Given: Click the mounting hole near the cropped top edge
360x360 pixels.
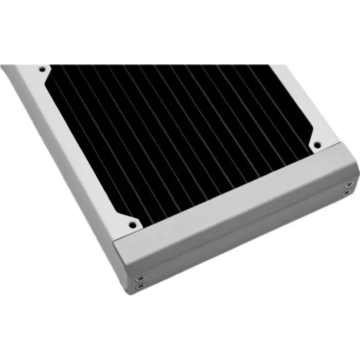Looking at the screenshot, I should [41, 67].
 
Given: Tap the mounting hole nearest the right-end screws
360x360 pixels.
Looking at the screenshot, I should [317, 145].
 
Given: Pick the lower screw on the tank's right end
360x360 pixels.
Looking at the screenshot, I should [348, 193].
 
